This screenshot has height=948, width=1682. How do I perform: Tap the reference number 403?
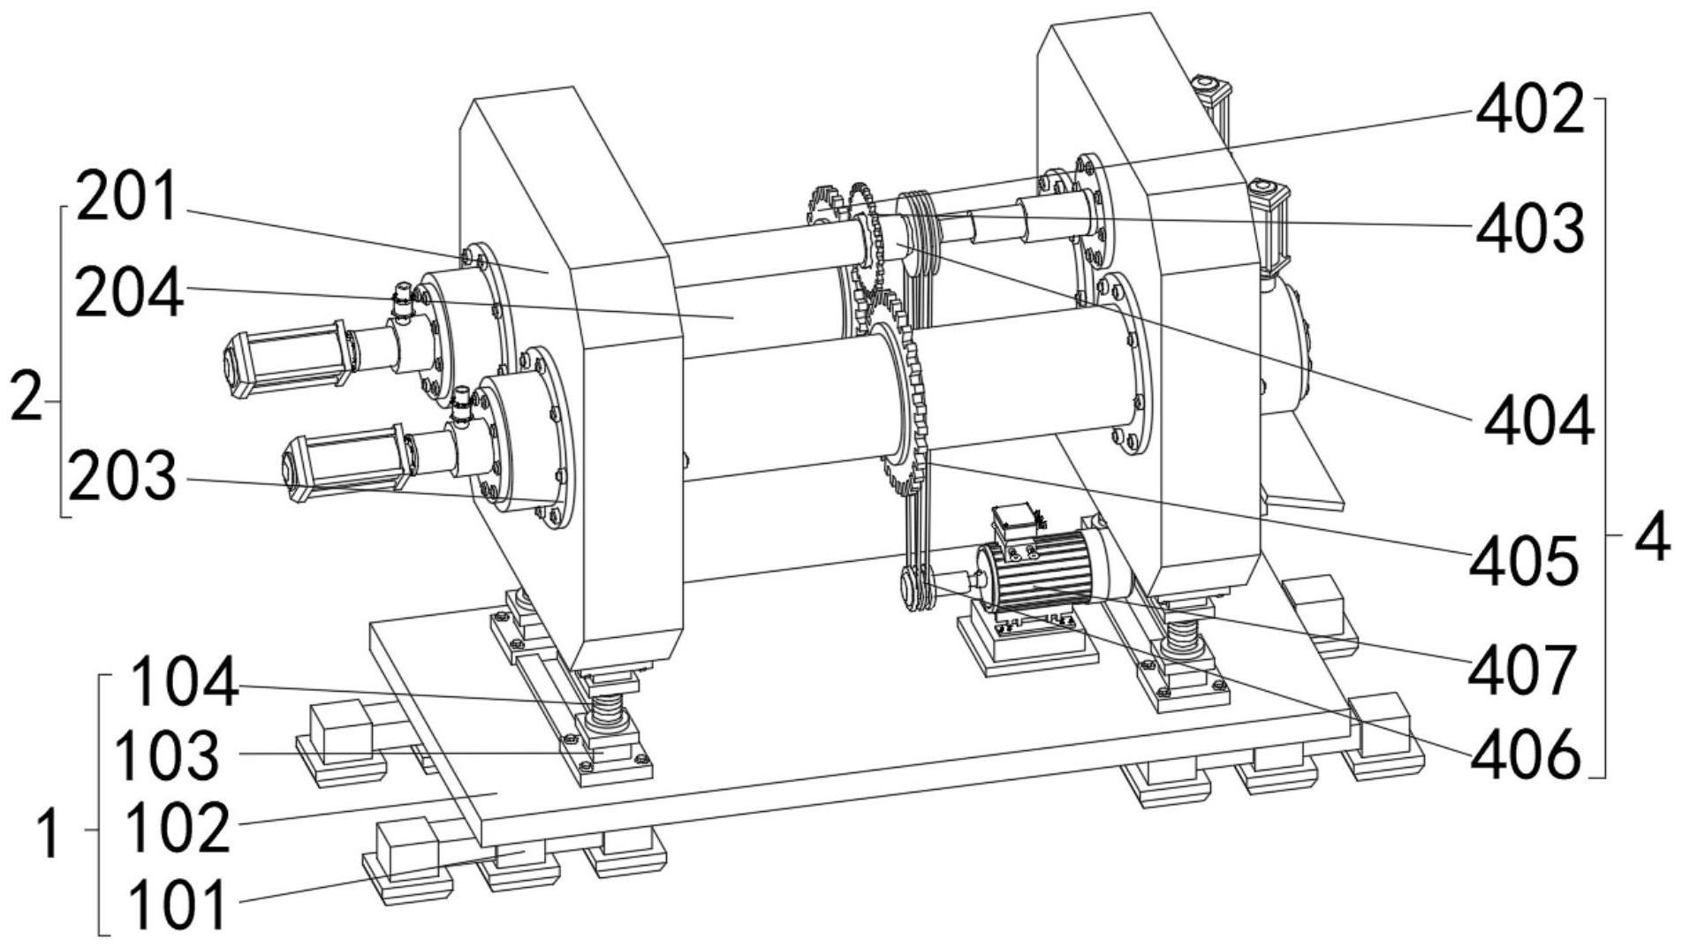coord(1529,227)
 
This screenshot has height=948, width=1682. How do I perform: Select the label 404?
coord(1538,421)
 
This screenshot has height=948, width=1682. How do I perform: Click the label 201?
coord(129,198)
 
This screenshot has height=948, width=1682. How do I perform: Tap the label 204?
coord(129,293)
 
